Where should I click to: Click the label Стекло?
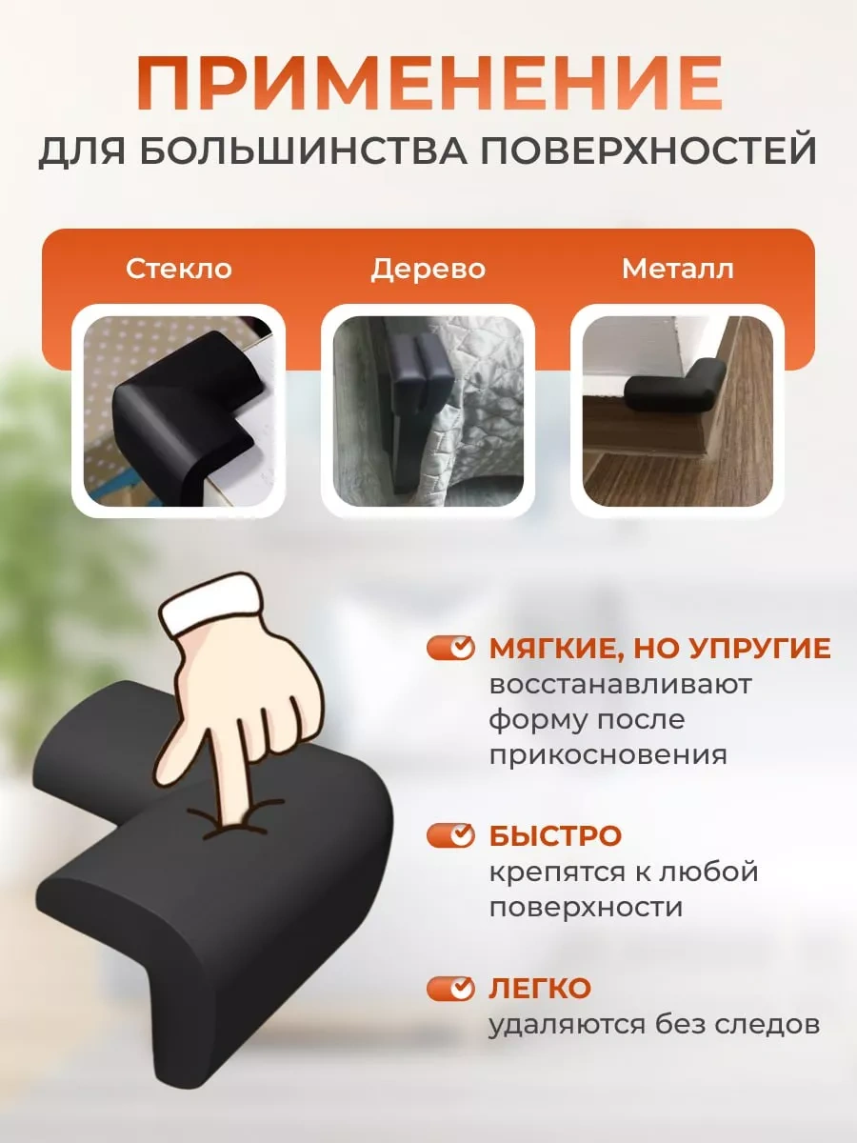coord(178,269)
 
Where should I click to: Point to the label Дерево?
coord(428,270)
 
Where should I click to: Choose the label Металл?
coord(677,270)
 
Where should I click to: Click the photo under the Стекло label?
coord(178,411)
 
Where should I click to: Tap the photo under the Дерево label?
coord(428,411)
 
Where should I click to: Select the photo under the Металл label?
coord(677,411)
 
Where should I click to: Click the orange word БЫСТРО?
coord(555,835)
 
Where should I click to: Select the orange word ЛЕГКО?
coord(540,989)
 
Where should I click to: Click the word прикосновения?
coord(608,755)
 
